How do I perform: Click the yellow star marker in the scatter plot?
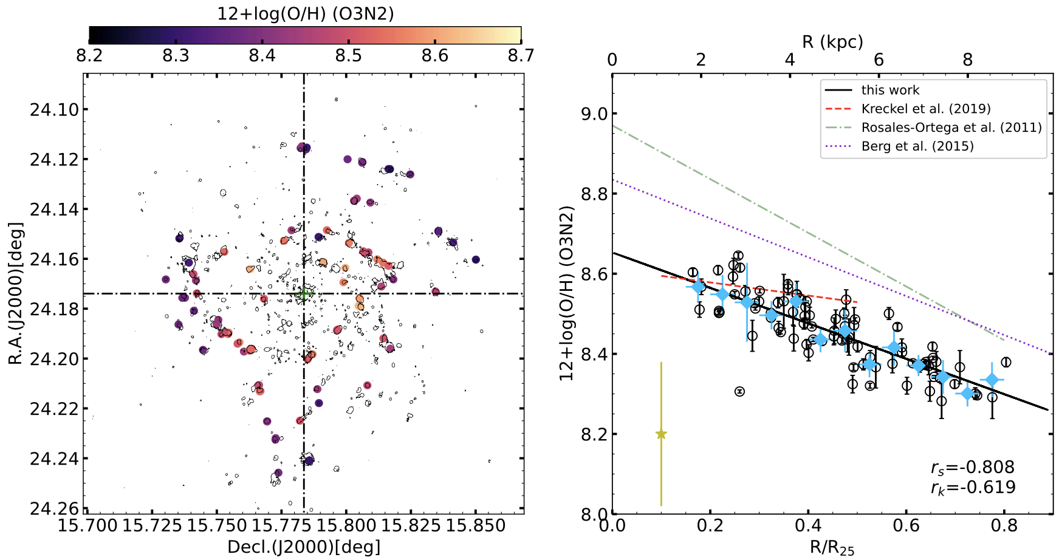[661, 434]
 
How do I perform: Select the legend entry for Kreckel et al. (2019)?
[925, 109]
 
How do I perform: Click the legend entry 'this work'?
[890, 90]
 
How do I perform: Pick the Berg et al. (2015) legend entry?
[917, 146]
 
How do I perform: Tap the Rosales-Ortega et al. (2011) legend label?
[951, 128]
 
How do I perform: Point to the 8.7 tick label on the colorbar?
[521, 56]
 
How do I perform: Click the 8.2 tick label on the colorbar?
[89, 56]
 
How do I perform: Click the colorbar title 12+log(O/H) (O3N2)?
[305, 13]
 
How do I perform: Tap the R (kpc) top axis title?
[832, 42]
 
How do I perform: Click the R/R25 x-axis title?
[832, 547]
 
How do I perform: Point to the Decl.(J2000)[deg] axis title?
[304, 547]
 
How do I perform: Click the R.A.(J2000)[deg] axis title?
[16, 293]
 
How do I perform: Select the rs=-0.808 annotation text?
[972, 468]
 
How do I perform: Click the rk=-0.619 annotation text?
[972, 487]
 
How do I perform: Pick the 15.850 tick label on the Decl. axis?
[475, 525]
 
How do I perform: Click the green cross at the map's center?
[303, 294]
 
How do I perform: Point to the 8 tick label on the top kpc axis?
[967, 60]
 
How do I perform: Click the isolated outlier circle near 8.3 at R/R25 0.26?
[739, 392]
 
